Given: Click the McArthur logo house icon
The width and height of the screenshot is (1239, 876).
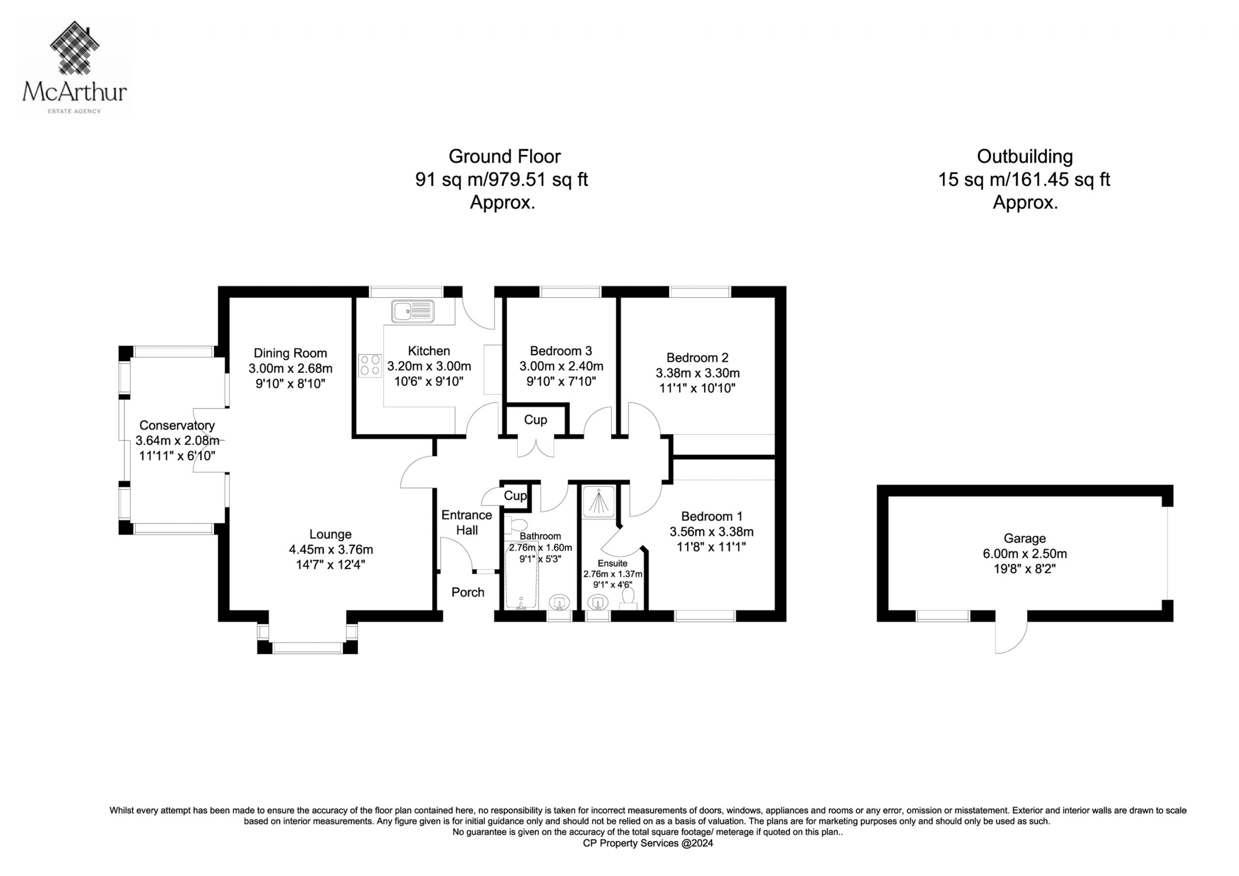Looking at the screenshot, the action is [x=75, y=47].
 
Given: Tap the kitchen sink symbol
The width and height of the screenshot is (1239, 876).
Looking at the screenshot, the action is [x=413, y=311].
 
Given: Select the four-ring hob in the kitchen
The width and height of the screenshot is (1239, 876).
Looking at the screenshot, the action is [x=370, y=365].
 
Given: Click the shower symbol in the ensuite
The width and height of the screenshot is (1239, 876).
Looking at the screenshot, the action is [x=599, y=501].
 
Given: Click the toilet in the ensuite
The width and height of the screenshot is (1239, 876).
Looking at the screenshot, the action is [x=628, y=599].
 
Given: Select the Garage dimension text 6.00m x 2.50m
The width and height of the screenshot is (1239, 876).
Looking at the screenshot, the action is [x=1024, y=554].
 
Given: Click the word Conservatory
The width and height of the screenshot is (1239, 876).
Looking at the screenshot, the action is [x=177, y=425].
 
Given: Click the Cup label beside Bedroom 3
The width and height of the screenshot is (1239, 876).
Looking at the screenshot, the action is [x=535, y=420].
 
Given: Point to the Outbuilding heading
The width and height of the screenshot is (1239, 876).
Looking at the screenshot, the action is [x=1024, y=156].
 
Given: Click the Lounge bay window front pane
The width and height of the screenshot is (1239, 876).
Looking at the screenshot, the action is [x=308, y=648].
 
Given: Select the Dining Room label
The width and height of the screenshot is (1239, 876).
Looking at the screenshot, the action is [x=290, y=353].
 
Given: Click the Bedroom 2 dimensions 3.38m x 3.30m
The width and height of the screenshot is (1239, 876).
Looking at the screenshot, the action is [x=697, y=373].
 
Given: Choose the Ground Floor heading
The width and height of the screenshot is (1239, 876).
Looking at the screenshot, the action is [x=505, y=156].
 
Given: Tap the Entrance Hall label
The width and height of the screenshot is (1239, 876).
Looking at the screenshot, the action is [x=467, y=523].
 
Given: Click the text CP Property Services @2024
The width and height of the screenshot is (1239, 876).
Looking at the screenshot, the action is [x=648, y=843].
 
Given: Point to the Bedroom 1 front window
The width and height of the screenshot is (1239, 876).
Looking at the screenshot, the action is [x=705, y=616].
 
